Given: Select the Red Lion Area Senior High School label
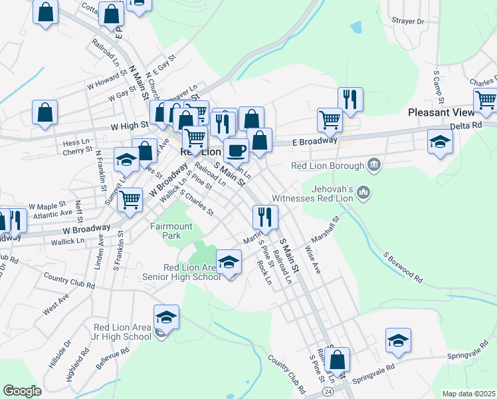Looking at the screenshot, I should click(181, 272).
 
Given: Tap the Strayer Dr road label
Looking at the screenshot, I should click(408, 21).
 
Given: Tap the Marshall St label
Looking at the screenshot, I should click(325, 229).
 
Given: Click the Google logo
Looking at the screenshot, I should click(22, 390).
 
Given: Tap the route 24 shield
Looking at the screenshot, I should click(328, 392).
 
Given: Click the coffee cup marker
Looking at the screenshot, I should click(236, 151).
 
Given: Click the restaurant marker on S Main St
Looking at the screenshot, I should click(264, 217).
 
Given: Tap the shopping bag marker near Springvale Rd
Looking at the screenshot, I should click(338, 361).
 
